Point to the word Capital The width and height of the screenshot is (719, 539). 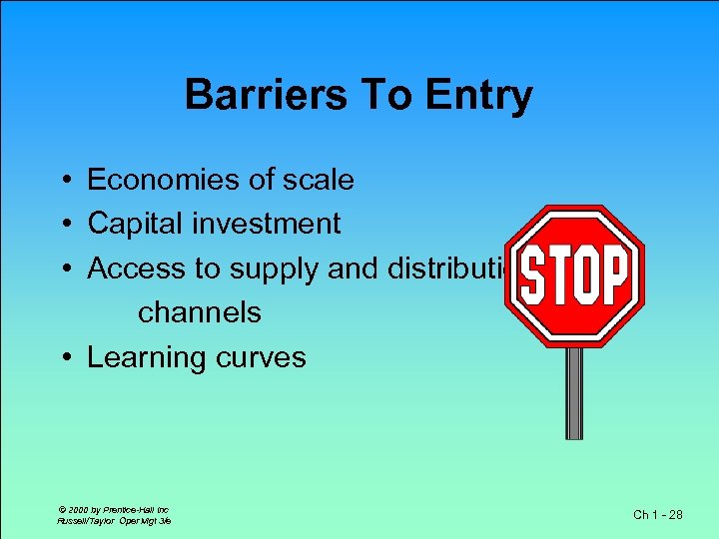click(130, 224)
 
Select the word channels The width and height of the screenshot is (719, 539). click(199, 312)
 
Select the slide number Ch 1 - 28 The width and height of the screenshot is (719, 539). click(659, 514)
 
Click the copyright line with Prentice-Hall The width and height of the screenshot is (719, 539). click(112, 509)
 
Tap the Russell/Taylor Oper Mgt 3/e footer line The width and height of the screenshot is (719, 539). click(113, 520)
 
